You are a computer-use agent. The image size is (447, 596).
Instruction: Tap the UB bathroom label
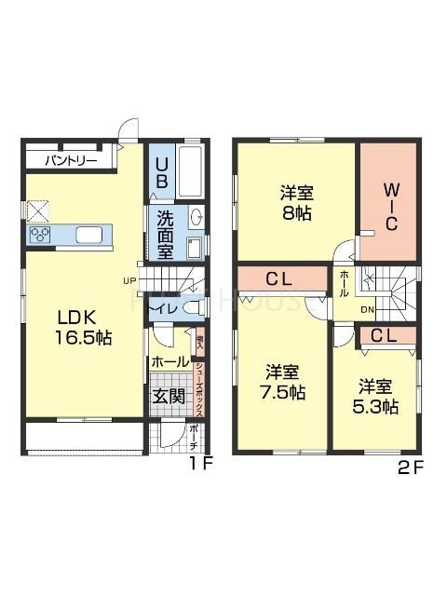161,174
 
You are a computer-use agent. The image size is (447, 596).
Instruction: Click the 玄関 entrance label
169,397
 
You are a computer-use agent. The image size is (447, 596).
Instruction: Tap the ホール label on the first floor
170,361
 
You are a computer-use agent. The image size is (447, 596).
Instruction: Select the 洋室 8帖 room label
296,202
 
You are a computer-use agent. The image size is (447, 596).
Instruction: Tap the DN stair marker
368,309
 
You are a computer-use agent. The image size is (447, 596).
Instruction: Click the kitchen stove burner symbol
41,236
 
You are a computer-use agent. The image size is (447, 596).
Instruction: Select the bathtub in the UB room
189,170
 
